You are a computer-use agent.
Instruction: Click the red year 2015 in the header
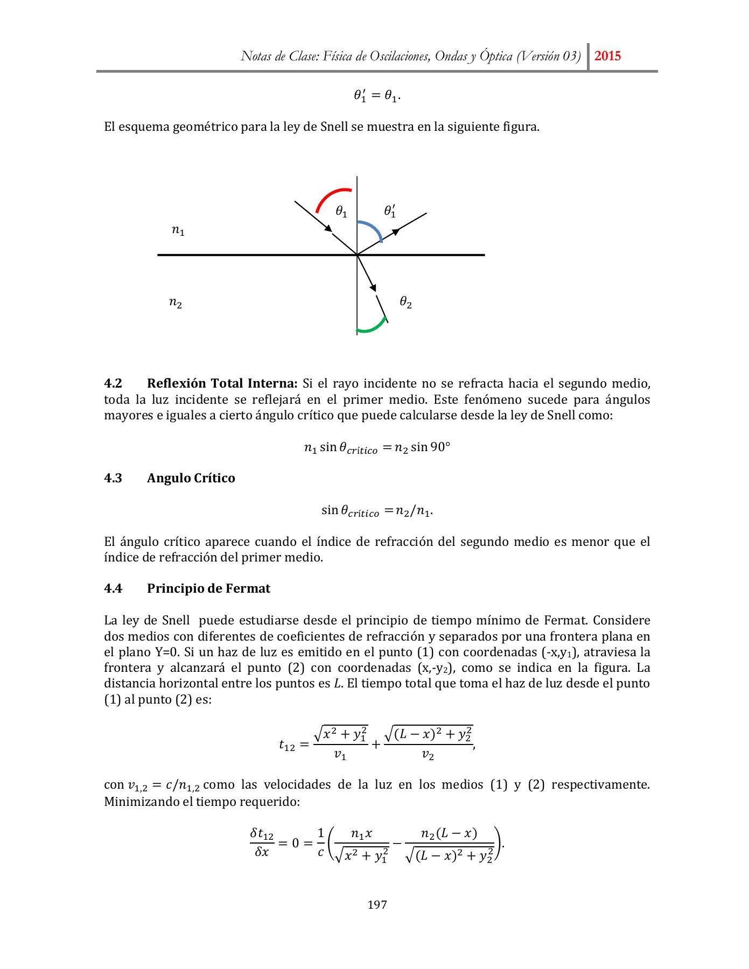pyautogui.click(x=607, y=56)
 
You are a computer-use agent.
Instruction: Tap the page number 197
pyautogui.click(x=377, y=904)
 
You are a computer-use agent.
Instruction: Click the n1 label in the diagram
pyautogui.click(x=178, y=230)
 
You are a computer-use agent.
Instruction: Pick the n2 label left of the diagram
pyautogui.click(x=176, y=303)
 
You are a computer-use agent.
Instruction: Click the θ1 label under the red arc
pyautogui.click(x=341, y=212)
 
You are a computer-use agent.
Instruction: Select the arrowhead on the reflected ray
pyautogui.click(x=396, y=231)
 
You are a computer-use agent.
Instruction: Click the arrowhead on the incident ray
pyautogui.click(x=328, y=228)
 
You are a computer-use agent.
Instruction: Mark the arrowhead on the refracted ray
pyautogui.click(x=373, y=288)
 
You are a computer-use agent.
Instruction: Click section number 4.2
pyautogui.click(x=113, y=383)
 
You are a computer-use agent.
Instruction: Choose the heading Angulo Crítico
pyautogui.click(x=191, y=478)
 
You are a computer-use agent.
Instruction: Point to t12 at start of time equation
pyautogui.click(x=287, y=745)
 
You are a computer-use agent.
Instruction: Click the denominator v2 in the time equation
pyautogui.click(x=428, y=755)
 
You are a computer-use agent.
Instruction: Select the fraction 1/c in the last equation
pyautogui.click(x=321, y=843)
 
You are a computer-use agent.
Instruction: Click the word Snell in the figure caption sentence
pyautogui.click(x=334, y=127)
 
